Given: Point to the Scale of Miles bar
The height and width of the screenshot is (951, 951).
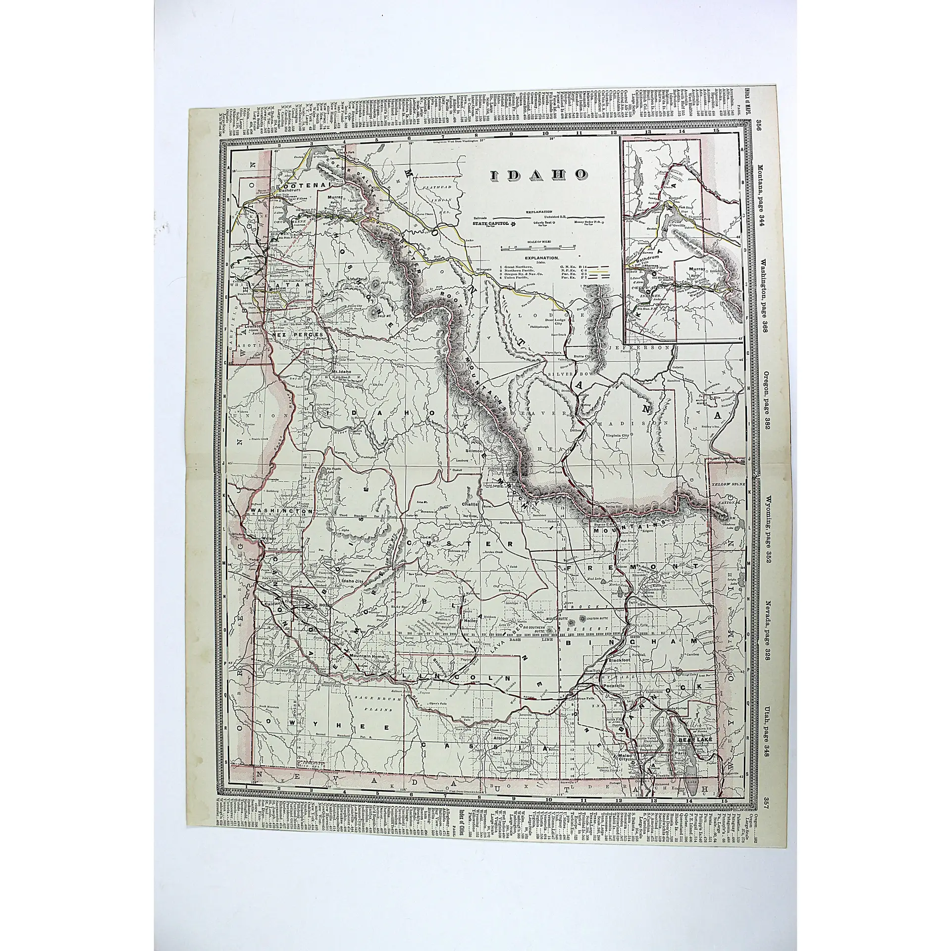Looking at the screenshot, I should (538, 245).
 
